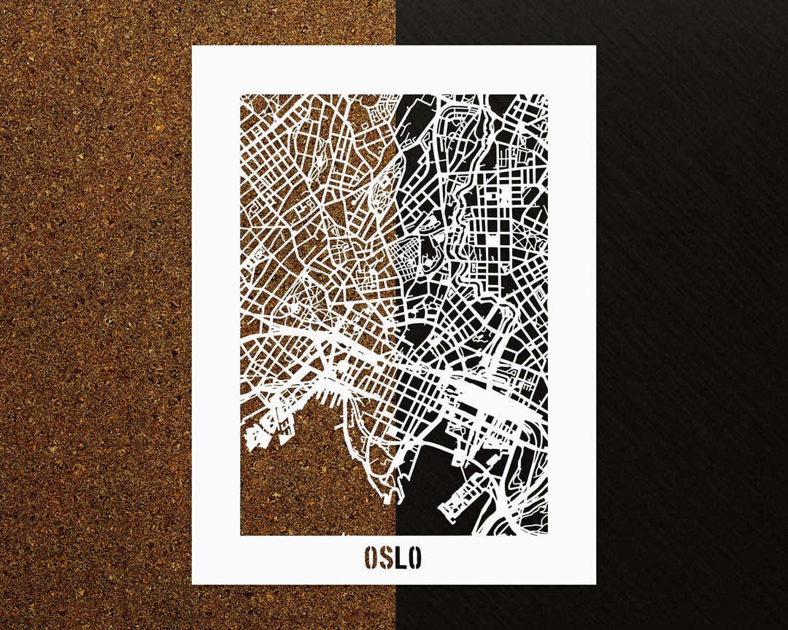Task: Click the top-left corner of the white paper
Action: point(193,47)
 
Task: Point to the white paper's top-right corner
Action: point(595,47)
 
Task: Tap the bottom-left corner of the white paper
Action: point(193,583)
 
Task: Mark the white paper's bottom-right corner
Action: point(595,583)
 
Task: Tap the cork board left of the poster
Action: point(95,314)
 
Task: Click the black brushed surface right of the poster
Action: point(693,314)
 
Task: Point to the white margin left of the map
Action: point(216,314)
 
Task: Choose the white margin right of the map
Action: point(571,314)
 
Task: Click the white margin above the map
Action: point(394,70)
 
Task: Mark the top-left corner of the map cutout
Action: point(242,95)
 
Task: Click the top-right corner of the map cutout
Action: point(546,95)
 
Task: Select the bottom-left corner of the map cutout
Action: point(242,534)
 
